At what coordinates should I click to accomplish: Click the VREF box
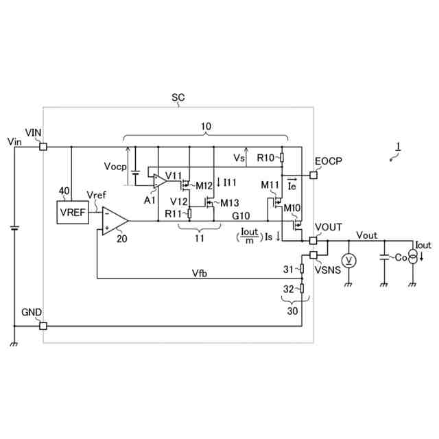point(72,212)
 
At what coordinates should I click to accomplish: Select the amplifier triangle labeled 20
point(114,221)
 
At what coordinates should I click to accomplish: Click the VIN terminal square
point(43,146)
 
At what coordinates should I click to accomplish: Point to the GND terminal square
point(43,327)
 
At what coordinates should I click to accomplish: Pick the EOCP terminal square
point(313,175)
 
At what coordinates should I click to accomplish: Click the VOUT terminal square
point(313,241)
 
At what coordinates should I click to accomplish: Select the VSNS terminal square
point(313,255)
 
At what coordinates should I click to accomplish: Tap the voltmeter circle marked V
point(348,260)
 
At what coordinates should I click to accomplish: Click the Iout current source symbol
point(413,258)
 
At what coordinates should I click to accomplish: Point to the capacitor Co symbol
point(383,259)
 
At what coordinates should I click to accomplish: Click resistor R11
point(189,213)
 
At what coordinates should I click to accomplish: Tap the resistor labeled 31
point(302,269)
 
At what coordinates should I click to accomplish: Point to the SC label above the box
point(178,98)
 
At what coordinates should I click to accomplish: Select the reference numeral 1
point(397,146)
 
